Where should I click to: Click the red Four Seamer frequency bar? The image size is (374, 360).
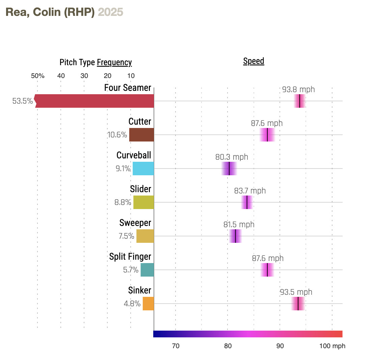pyautogui.click(x=95, y=101)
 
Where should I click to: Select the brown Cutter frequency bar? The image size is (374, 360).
pyautogui.click(x=141, y=135)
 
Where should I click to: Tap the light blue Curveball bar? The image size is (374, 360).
pyautogui.click(x=143, y=169)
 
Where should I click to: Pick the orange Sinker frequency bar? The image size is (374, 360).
pyautogui.click(x=148, y=304)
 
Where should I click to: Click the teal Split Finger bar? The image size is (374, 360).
pyautogui.click(x=147, y=270)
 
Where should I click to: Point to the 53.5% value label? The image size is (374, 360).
pyautogui.click(x=23, y=101)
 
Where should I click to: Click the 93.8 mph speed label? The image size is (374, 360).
pyautogui.click(x=298, y=90)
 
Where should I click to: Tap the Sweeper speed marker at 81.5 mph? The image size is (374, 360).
pyautogui.click(x=235, y=236)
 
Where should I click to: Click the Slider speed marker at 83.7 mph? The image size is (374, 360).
pyautogui.click(x=247, y=202)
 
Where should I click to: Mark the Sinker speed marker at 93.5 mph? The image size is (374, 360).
pyautogui.click(x=298, y=304)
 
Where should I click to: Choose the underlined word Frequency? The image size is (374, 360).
pyautogui.click(x=114, y=62)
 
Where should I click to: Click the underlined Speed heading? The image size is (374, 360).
pyautogui.click(x=253, y=61)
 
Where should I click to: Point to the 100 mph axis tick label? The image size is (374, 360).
pyautogui.click(x=333, y=346)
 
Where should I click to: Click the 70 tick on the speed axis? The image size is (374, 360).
pyautogui.click(x=176, y=346)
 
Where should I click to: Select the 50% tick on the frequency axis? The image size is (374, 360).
pyautogui.click(x=38, y=76)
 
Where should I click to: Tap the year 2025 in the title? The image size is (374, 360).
pyautogui.click(x=110, y=12)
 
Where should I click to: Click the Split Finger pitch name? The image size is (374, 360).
pyautogui.click(x=130, y=257)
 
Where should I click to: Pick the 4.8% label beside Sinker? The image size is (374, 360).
pyautogui.click(x=132, y=304)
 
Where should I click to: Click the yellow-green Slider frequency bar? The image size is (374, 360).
pyautogui.click(x=143, y=202)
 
